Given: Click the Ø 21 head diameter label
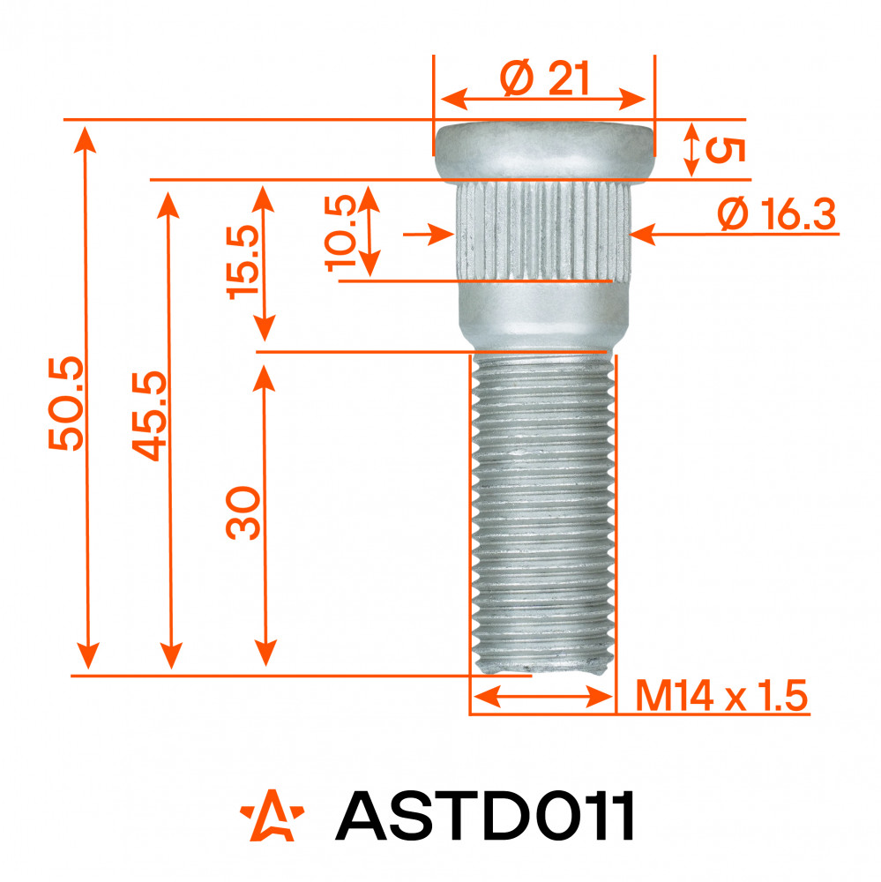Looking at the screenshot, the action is coord(544,78).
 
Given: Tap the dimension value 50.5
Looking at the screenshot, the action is coord(66,403).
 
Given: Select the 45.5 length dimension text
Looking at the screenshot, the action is coord(150,415).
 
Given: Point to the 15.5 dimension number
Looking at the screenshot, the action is coord(243,262).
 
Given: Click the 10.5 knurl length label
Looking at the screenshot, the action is coord(341,233).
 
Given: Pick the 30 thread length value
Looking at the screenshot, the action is coord(243,513).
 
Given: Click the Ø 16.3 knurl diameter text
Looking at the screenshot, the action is coord(776,213).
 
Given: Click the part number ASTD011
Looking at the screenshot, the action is coord(485,815).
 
